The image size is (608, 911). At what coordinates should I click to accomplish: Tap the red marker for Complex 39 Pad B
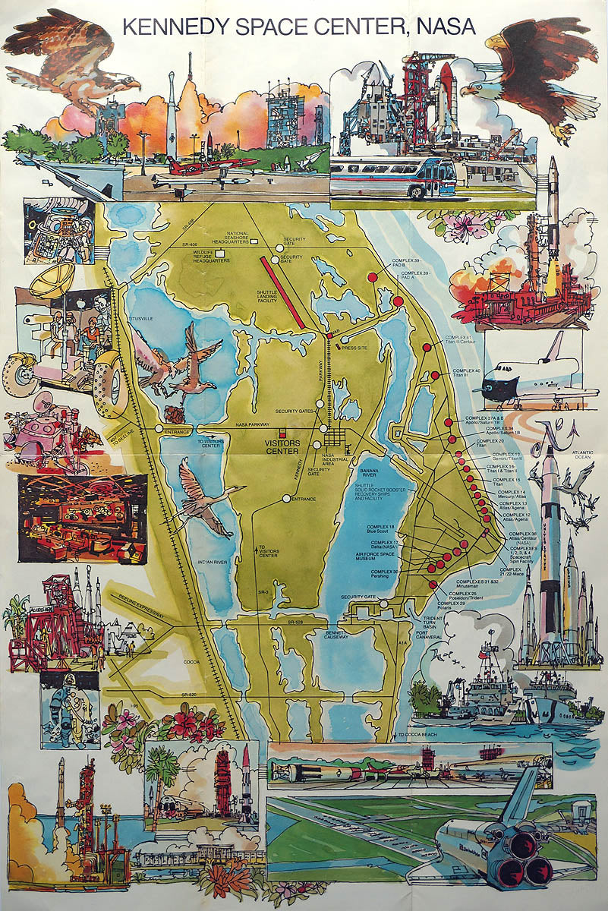point(372,278)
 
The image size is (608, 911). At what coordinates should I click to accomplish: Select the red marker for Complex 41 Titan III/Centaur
point(427,347)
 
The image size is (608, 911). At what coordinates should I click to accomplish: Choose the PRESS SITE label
point(365,339)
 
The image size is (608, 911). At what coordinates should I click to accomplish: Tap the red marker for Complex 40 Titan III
point(435,375)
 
